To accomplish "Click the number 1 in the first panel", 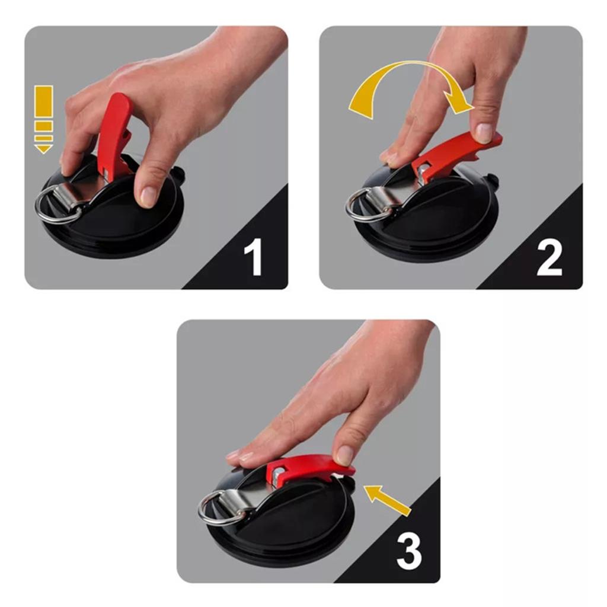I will [x=253, y=255].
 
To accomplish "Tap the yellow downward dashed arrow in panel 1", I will [x=43, y=119].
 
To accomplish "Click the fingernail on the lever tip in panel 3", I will [x=343, y=455].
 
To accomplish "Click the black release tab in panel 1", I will [x=177, y=173].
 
